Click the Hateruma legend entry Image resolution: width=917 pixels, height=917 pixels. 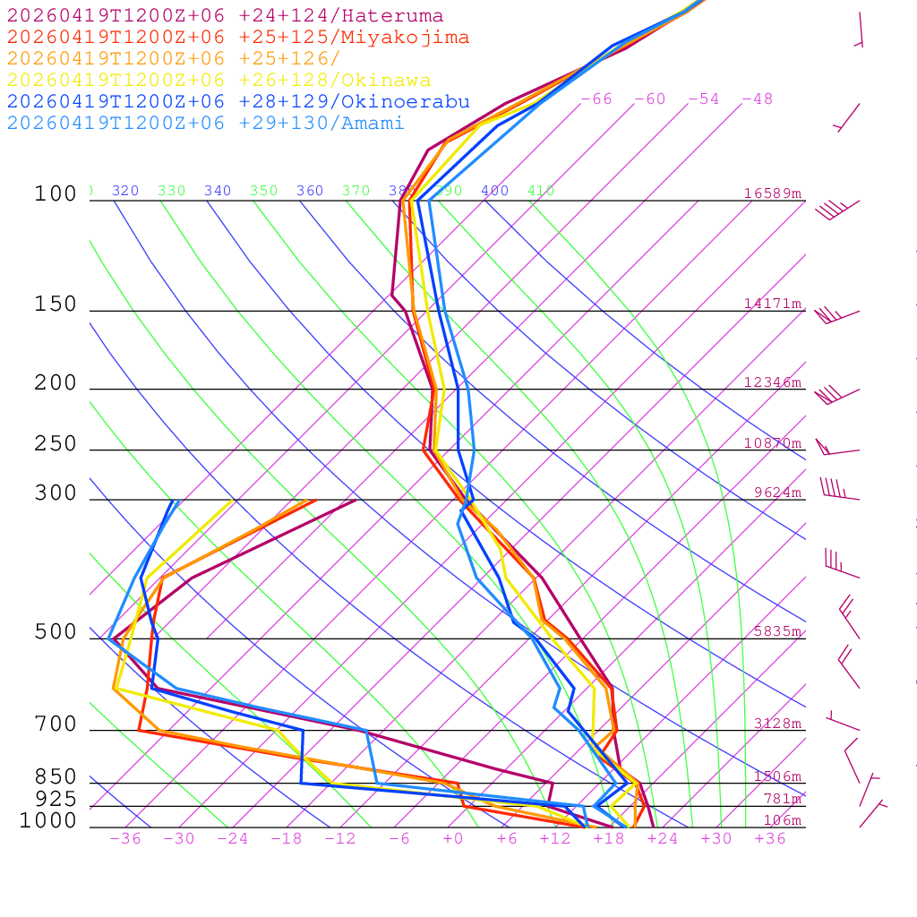pyautogui.click(x=225, y=16)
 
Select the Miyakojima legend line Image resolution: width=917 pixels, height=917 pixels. pyautogui.click(x=237, y=38)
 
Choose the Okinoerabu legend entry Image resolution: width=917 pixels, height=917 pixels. pyautogui.click(x=237, y=102)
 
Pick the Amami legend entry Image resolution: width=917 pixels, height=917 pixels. pyautogui.click(x=205, y=124)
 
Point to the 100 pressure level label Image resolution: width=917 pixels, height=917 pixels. pyautogui.click(x=56, y=194)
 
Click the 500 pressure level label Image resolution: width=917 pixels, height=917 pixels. pyautogui.click(x=56, y=633)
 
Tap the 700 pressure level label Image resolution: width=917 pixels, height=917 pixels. pyautogui.click(x=56, y=724)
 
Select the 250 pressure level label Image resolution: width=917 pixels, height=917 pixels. pyautogui.click(x=56, y=444)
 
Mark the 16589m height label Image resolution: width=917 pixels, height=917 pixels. pyautogui.click(x=773, y=193)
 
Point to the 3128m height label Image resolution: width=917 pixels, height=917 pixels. pyautogui.click(x=777, y=724)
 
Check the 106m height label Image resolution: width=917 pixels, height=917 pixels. pyautogui.click(x=782, y=820)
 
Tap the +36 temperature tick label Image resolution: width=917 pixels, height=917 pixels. pyautogui.click(x=770, y=839)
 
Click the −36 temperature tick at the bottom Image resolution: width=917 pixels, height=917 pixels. pyautogui.click(x=125, y=839)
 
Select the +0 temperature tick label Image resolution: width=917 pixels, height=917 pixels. pyautogui.click(x=453, y=839)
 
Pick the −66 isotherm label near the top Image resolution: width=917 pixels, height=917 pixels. pyautogui.click(x=596, y=99)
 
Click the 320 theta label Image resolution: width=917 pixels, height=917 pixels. pyautogui.click(x=125, y=191)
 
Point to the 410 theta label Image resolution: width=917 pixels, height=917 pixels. pyautogui.click(x=541, y=191)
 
